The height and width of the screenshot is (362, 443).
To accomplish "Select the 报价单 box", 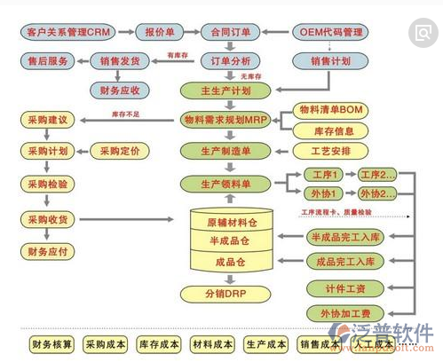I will click(x=160, y=34).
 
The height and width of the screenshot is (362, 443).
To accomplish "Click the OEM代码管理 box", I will click(x=331, y=34).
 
